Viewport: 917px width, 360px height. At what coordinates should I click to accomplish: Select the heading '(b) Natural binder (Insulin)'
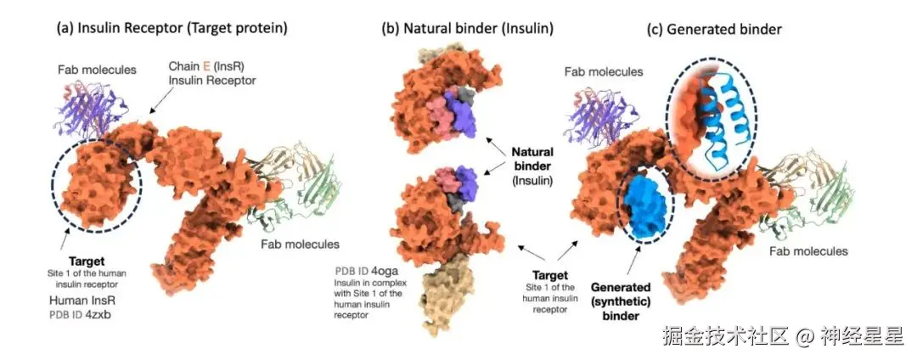click(x=468, y=28)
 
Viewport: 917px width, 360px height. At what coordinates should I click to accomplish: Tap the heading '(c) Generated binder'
click(x=714, y=28)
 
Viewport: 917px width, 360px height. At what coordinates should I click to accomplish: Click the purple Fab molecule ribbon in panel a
click(x=90, y=110)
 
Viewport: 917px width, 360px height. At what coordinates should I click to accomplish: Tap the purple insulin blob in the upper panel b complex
click(x=464, y=110)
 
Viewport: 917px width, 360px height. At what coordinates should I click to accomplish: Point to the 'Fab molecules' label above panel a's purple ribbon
click(x=97, y=70)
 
